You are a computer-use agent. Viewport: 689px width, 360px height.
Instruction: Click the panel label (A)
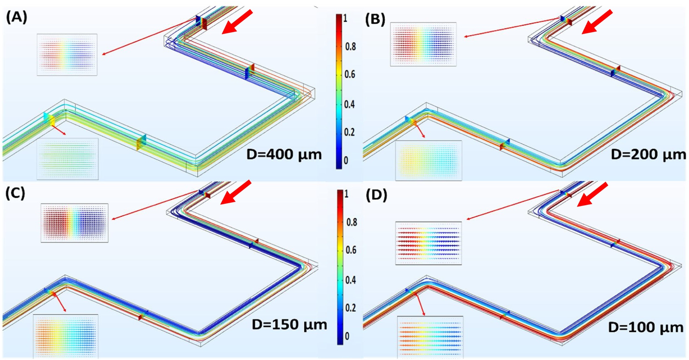tap(16, 18)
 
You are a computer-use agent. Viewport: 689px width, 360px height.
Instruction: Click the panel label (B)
tap(375, 20)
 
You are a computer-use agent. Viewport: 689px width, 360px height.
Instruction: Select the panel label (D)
tap(376, 195)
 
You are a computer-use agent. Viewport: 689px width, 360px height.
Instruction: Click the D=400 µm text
tap(284, 155)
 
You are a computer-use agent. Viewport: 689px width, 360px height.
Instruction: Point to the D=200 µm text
tap(648, 155)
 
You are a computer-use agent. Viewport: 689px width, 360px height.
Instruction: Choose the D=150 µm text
tap(289, 325)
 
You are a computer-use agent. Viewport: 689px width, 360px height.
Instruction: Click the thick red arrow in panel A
tap(237, 22)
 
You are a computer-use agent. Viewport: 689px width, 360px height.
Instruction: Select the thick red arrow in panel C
tap(236, 192)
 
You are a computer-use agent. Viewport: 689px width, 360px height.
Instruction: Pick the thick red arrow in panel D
tap(592, 194)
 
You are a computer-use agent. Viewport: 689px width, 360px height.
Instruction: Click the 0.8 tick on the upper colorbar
tap(350, 46)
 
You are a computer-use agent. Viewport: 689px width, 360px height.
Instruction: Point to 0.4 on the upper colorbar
tap(349, 104)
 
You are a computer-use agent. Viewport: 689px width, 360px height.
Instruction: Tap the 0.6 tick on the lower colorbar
tap(351, 250)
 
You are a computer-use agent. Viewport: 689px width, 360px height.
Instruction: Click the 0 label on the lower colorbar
tap(347, 336)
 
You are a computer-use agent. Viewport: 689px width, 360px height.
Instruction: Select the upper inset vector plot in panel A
tap(67, 55)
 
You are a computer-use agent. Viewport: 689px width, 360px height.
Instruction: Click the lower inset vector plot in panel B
tap(429, 161)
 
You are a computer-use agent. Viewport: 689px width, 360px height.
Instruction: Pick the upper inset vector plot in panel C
tap(74, 223)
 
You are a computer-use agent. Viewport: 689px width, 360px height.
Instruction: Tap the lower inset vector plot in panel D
tap(430, 337)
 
